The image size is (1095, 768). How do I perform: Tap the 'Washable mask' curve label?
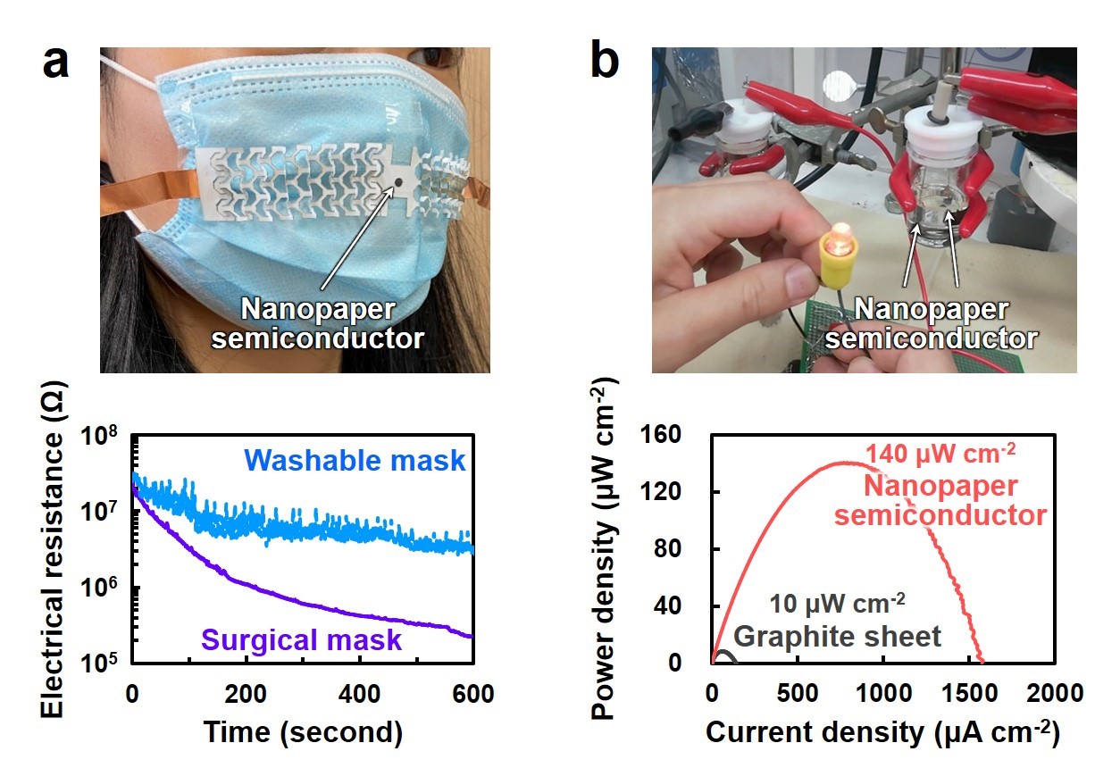coord(355,461)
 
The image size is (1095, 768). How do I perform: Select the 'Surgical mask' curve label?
coord(301,639)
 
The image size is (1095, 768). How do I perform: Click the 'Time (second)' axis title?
coord(302,732)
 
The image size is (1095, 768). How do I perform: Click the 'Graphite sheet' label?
coord(838,636)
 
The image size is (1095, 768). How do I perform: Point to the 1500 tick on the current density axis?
coord(969,692)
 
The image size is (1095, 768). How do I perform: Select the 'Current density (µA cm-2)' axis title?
coord(882,732)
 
